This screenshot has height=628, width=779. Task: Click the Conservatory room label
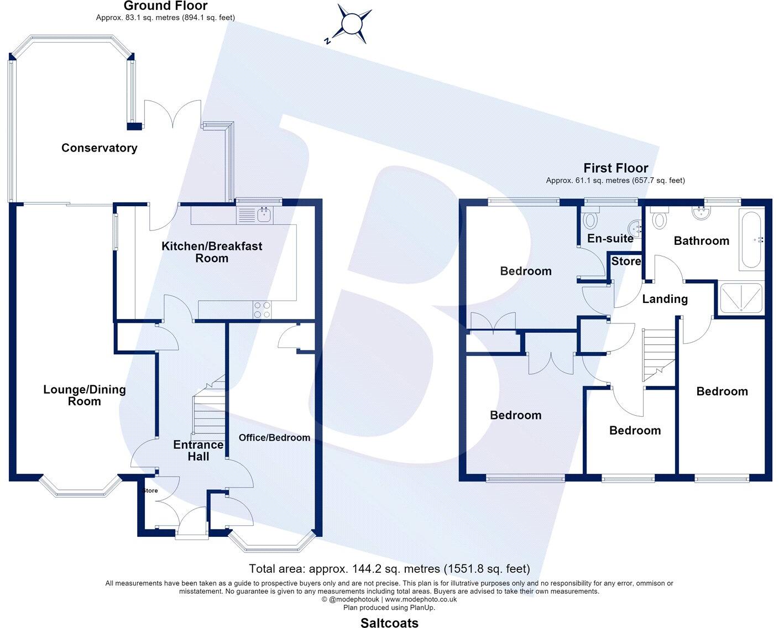99,148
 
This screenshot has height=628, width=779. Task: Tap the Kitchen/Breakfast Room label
212,252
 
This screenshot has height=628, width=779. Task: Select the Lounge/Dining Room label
85,395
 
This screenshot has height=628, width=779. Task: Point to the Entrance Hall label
198,451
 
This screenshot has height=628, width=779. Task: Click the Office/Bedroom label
274,438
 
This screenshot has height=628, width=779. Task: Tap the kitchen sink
265,216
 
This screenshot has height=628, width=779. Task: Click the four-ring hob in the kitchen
262,310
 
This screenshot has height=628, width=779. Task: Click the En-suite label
610,238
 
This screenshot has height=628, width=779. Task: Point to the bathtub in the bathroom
751,239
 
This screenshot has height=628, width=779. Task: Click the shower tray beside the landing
741,298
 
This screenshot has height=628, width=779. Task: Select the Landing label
665,299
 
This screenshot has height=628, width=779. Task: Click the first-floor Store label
626,261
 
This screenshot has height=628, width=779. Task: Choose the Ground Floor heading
165,6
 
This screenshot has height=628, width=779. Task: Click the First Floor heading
616,168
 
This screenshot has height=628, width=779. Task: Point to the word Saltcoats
389,622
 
